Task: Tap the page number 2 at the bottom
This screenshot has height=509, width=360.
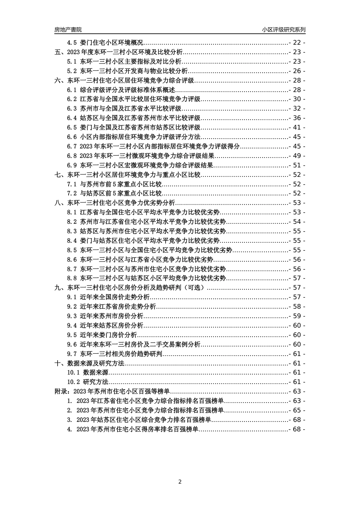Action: point(180,482)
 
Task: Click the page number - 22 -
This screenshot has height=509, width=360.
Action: point(297,43)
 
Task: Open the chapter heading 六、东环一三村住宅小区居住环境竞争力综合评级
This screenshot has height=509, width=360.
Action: point(125,80)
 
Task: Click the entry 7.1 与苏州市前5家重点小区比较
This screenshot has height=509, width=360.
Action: point(114,184)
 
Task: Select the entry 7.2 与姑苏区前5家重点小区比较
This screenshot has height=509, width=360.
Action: point(114,194)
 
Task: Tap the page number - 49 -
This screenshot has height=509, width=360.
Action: point(297,156)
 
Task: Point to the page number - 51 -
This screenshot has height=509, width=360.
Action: point(297,165)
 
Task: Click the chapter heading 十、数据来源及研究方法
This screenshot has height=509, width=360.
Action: point(90,363)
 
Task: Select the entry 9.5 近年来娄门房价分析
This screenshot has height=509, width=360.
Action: point(102,335)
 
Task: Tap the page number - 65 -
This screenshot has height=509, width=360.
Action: point(297,410)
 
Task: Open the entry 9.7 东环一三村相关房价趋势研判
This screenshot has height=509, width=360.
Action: point(115,354)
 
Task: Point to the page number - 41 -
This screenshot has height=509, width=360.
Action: point(297,128)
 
